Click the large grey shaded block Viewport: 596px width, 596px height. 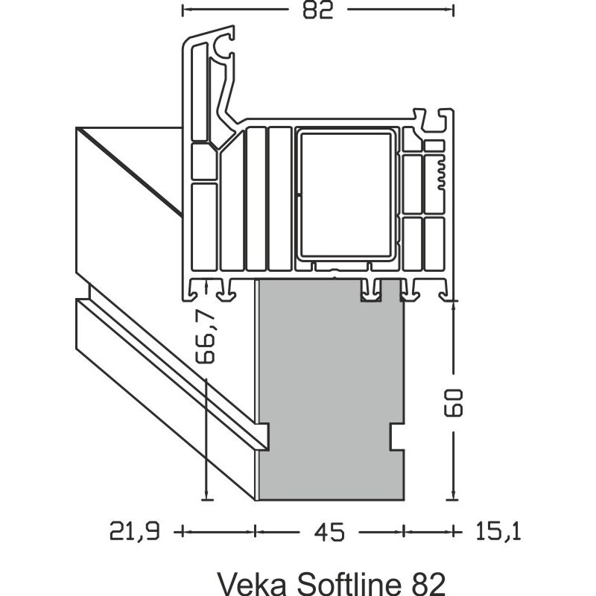(x=329, y=387)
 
